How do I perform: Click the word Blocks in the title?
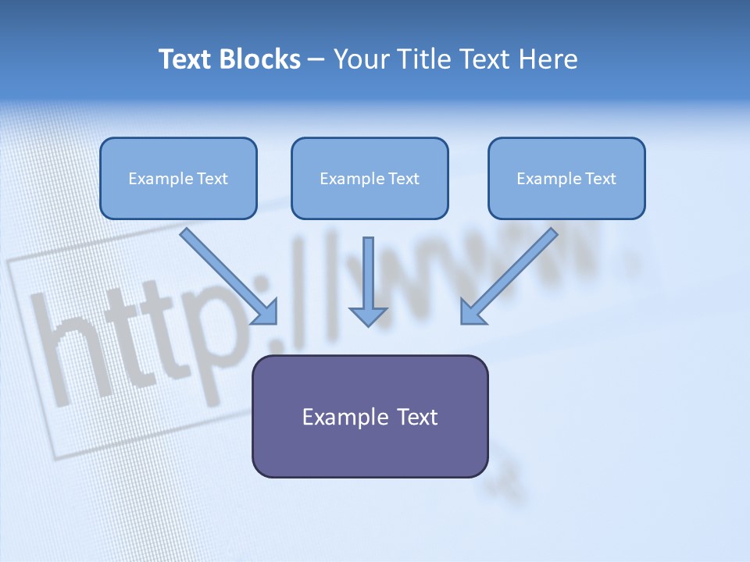(x=261, y=59)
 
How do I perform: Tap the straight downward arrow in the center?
(x=368, y=273)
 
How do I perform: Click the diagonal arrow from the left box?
(x=227, y=273)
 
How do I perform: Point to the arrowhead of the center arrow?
(x=368, y=315)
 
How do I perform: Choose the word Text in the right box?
(x=600, y=179)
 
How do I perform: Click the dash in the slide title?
(x=316, y=60)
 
